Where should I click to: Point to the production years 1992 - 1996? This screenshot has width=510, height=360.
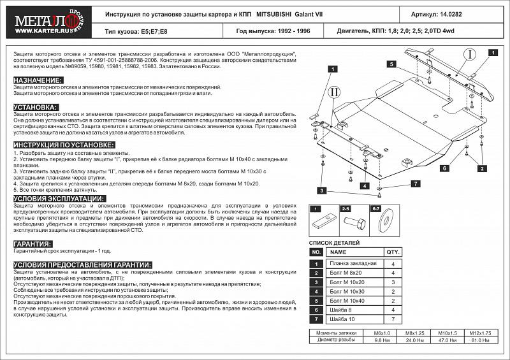pos(296,30)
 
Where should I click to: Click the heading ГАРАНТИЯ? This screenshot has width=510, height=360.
pos(33,244)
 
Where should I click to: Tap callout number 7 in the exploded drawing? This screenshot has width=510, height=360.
pos(414,184)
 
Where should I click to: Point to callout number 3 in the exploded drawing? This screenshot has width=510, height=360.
pos(323,191)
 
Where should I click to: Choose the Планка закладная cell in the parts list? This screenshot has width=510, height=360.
pos(352,263)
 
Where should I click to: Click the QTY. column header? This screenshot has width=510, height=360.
pos(393,252)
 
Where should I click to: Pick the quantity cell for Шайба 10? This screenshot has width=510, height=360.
pos(393,318)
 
